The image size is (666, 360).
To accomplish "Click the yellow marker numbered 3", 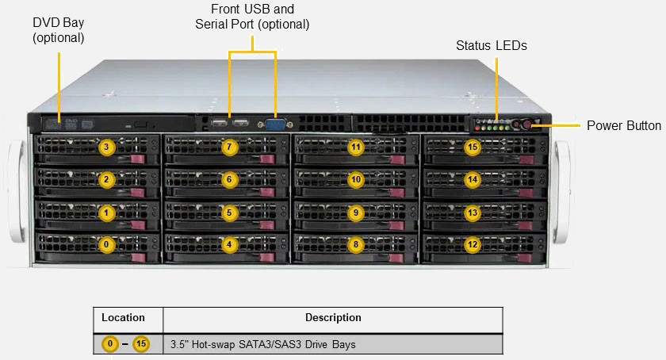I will point(106,147).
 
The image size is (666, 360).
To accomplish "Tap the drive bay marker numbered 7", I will point(229,147).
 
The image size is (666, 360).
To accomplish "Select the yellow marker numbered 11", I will point(356,147).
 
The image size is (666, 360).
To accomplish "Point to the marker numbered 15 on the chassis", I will point(473,147).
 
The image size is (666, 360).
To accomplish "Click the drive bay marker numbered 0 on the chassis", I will point(106,245).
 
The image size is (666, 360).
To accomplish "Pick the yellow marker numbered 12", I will point(473,245).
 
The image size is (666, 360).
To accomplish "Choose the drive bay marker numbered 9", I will point(356,213).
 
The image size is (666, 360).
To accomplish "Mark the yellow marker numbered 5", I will point(229,213).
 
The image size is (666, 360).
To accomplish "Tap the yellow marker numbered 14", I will point(473,180).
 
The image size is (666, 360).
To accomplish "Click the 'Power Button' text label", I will point(623,125).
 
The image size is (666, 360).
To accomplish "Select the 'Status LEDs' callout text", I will point(491,46).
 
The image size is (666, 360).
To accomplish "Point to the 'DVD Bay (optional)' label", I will point(59,29).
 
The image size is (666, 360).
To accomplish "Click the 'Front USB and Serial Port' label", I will point(252,17).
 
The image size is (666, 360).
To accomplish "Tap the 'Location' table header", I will point(123,318).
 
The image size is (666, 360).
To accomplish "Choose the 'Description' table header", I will point(333,318).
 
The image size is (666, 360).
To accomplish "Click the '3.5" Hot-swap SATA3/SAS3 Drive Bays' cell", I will point(262,345).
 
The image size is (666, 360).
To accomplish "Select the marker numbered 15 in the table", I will point(141,344).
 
